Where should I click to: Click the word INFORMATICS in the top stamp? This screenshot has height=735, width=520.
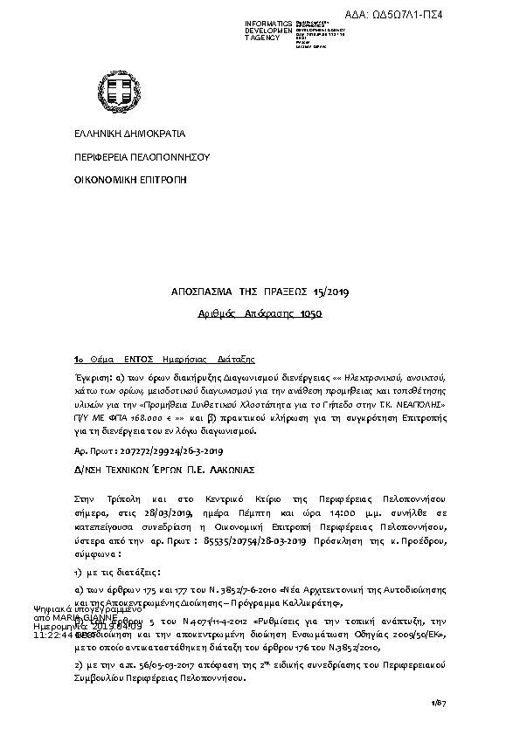coord(268,22)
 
